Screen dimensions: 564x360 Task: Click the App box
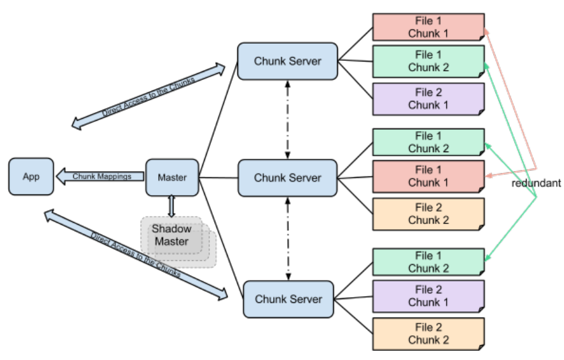point(31,177)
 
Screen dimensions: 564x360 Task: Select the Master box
point(172,177)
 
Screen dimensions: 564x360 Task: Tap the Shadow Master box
point(178,242)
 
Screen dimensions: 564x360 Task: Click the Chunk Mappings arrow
point(100,177)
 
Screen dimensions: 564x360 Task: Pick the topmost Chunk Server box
point(287,61)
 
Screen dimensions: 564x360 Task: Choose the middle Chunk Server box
point(287,178)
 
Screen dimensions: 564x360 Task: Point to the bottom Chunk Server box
point(288,299)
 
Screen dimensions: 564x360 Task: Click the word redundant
point(536,183)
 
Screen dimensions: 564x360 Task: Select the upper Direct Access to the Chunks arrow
point(148,96)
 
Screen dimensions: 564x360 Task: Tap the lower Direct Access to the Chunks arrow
point(135,255)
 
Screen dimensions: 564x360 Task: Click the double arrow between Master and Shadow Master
point(172,206)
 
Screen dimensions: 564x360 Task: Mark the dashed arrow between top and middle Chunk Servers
point(287,119)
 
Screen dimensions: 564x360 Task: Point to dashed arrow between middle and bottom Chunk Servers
point(288,239)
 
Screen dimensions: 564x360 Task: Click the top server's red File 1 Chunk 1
point(429,27)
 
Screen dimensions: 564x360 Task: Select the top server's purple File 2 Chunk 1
point(429,99)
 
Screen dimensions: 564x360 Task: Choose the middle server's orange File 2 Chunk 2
point(429,214)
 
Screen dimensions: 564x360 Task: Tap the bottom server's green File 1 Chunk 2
point(429,262)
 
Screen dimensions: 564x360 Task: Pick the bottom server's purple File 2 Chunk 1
point(429,296)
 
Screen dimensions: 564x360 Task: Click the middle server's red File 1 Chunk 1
point(429,177)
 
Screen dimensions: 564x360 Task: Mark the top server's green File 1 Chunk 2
point(429,61)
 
